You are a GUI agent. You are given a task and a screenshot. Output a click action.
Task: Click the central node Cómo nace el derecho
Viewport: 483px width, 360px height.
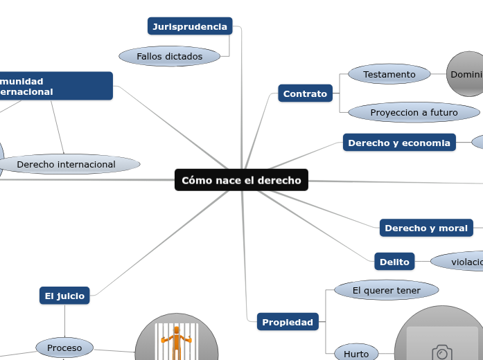241,181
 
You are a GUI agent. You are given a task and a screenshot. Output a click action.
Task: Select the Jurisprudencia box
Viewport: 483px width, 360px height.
190,26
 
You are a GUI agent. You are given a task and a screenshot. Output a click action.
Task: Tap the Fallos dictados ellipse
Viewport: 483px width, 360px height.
169,56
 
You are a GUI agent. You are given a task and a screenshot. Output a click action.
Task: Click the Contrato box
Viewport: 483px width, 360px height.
305,93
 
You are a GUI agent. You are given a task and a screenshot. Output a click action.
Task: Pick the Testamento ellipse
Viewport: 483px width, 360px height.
389,74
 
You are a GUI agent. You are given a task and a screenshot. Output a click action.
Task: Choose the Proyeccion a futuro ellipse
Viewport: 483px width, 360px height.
414,112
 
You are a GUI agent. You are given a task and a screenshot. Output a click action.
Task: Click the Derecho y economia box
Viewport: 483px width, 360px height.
399,143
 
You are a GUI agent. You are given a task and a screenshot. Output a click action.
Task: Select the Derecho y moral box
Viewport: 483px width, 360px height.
425,228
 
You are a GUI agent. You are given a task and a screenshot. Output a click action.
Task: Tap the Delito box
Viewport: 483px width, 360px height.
394,262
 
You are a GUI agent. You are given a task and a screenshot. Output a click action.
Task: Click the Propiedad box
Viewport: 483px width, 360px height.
288,322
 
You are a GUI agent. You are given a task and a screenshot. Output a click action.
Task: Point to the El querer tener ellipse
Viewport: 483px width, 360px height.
386,291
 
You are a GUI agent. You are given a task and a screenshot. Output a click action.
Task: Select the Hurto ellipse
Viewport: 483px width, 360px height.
356,353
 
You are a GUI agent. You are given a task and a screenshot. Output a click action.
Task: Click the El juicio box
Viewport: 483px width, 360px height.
64,296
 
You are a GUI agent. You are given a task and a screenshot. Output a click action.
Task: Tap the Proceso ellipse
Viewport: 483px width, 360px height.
64,348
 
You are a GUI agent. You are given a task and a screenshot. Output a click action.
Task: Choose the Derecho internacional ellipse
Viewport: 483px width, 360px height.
67,164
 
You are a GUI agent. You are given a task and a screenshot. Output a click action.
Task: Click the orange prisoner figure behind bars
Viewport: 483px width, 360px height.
176,342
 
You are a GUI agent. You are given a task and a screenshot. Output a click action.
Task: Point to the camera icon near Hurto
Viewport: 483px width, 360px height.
441,352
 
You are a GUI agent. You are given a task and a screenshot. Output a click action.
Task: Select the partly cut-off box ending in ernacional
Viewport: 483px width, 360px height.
55,86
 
